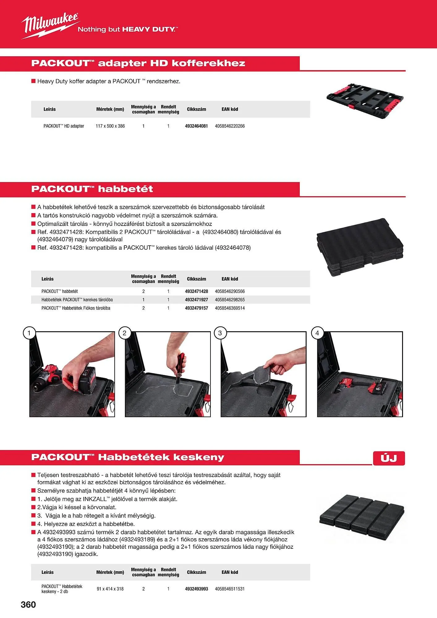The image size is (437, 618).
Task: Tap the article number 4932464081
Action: [x=196, y=126]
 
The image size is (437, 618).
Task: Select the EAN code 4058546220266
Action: [x=230, y=126]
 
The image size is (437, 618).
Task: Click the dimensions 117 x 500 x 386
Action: [x=110, y=126]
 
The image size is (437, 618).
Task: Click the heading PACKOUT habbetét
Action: [x=92, y=189]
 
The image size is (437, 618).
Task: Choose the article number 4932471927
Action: [x=196, y=300]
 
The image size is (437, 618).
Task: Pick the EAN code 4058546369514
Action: [x=230, y=308]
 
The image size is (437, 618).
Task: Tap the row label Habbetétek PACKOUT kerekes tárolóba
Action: [x=77, y=300]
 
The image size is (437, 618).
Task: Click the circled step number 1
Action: [x=29, y=333]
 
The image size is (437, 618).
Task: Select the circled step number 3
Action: [x=220, y=333]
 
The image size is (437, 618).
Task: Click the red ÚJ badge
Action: [x=389, y=458]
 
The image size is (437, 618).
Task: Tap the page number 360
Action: [x=28, y=604]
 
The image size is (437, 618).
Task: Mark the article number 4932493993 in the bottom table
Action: [x=196, y=589]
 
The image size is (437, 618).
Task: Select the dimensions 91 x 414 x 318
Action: [x=110, y=589]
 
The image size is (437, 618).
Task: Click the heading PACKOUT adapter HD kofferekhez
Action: [x=138, y=63]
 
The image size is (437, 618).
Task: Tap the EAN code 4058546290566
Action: [x=230, y=291]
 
